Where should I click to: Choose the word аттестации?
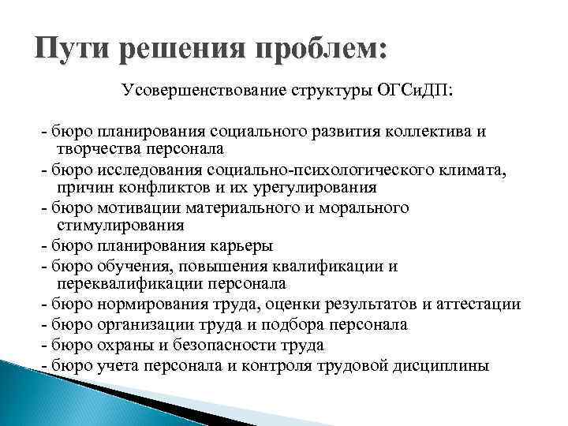(480, 304)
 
